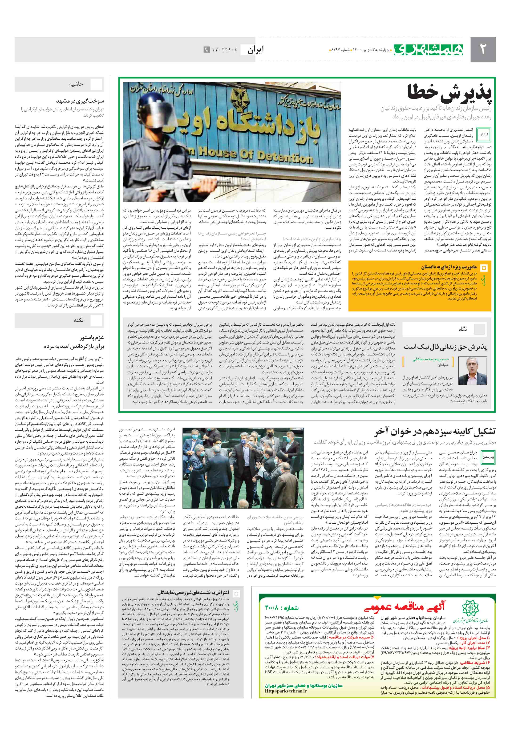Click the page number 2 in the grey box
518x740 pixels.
pyautogui.click(x=482, y=49)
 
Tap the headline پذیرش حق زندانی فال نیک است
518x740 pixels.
pyautogui.click(x=445, y=347)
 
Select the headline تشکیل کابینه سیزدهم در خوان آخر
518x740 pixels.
pyautogui.click(x=434, y=432)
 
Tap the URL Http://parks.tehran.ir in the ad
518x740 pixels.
pyautogui.click(x=286, y=691)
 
